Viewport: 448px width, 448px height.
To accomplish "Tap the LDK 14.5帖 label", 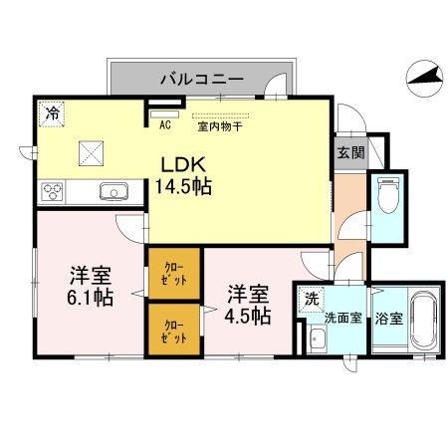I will click(x=181, y=175).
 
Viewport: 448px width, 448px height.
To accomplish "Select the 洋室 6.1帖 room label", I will click(x=90, y=284).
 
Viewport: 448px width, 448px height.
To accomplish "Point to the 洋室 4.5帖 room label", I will click(x=247, y=304).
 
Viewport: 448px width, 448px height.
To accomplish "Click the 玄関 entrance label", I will click(x=349, y=152).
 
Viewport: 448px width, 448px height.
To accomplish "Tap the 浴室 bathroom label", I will click(x=389, y=320).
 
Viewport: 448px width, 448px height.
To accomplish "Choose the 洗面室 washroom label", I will click(x=342, y=320).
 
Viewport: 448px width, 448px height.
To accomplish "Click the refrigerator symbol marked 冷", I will click(x=50, y=112).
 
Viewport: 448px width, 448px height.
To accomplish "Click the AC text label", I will click(x=165, y=126).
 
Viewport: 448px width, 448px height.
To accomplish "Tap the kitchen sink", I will click(x=112, y=190).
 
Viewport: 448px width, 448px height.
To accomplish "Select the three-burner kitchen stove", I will click(x=53, y=190).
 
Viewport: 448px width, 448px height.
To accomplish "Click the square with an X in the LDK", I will click(x=92, y=153).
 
